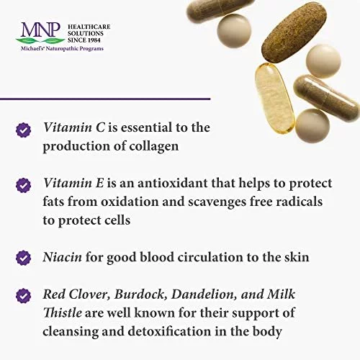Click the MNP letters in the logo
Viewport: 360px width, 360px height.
[x=40, y=30]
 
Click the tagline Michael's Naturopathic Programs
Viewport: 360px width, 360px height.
[x=62, y=48]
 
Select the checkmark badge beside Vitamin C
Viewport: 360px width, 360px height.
[x=23, y=130]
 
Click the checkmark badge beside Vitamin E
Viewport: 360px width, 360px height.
[x=23, y=186]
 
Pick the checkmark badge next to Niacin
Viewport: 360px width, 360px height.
[x=23, y=258]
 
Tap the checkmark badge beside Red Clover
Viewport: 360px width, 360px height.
[x=23, y=295]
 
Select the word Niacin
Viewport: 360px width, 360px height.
[x=63, y=257]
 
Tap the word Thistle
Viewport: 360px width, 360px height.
[x=63, y=313]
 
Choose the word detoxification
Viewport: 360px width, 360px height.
[x=169, y=331]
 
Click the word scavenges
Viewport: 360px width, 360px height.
[x=217, y=202]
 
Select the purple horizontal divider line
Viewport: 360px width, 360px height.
[x=105, y=99]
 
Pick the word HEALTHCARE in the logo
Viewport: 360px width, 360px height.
[x=89, y=27]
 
